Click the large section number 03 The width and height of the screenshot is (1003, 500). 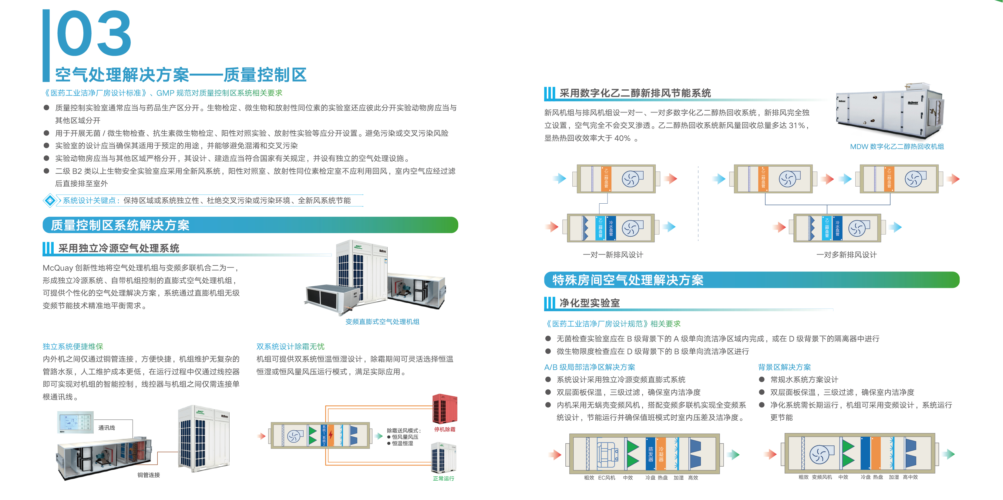point(93,34)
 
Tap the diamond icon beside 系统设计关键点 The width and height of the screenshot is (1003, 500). point(50,200)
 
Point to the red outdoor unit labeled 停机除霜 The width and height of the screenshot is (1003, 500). point(445,408)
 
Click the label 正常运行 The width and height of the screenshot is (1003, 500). point(443,478)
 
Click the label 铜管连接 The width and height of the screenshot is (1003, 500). point(148,475)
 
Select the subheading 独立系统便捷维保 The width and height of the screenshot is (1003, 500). point(73,346)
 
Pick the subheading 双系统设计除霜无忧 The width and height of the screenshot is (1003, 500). point(290,346)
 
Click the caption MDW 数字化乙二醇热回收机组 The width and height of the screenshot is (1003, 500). point(897,147)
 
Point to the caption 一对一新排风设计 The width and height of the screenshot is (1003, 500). point(613,255)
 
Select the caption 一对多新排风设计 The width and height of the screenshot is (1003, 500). point(846,255)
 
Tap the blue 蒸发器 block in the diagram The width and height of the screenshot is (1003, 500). point(650,454)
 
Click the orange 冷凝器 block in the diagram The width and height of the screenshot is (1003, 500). point(661,454)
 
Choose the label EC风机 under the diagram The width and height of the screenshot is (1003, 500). point(607,478)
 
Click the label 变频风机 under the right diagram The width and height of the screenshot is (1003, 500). point(822,477)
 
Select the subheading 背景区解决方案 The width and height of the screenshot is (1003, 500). point(784,367)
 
